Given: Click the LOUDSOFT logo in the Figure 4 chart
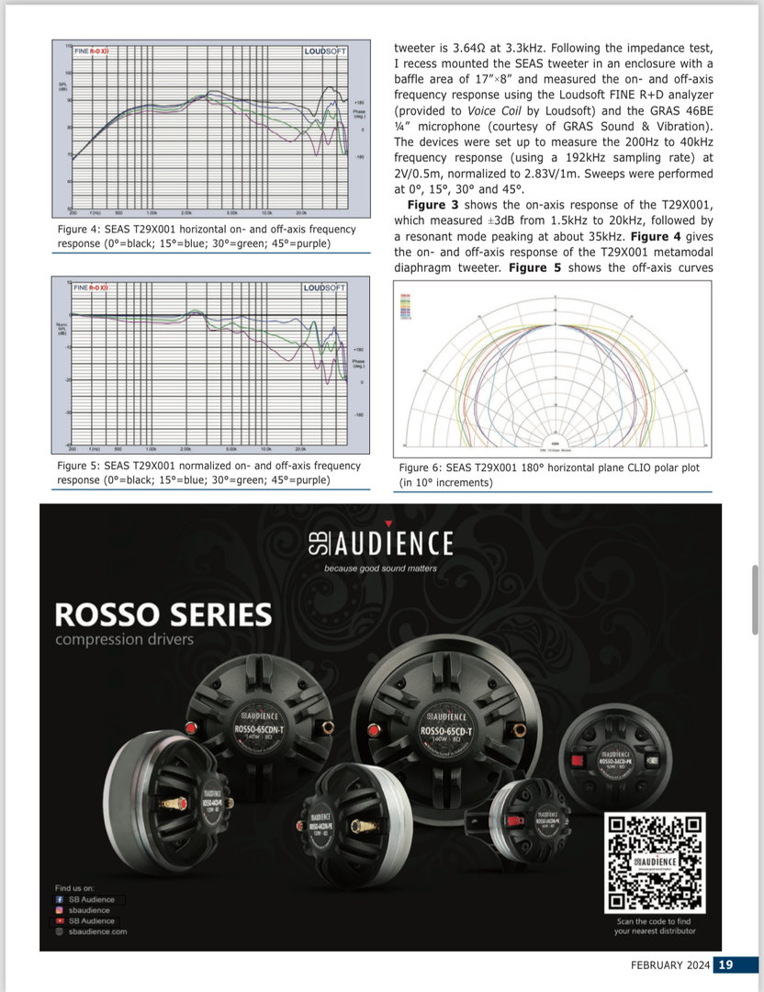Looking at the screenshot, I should [x=325, y=51].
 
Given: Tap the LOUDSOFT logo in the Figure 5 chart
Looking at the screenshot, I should [x=325, y=288].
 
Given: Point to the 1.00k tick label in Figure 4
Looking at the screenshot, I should [x=152, y=212].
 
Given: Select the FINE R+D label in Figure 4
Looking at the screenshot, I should [x=93, y=51].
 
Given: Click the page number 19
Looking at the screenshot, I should [x=725, y=964].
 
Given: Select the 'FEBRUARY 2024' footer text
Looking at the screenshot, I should [x=668, y=964].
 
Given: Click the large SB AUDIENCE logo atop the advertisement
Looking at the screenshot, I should [x=380, y=543].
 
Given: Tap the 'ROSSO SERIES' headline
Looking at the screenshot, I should [x=163, y=614].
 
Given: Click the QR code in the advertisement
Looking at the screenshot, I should [x=654, y=862].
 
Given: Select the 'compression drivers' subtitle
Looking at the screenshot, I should [x=125, y=639].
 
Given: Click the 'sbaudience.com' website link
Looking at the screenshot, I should [x=97, y=931].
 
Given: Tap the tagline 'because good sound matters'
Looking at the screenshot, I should [x=380, y=569].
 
